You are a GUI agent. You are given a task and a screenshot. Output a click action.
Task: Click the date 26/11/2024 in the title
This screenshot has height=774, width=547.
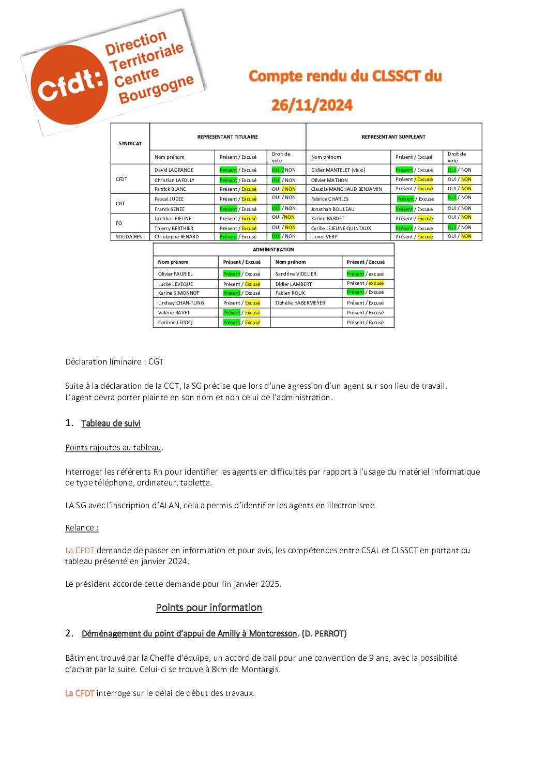pos(312,105)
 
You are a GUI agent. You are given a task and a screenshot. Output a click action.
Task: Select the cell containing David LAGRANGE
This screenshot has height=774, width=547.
pos(174,170)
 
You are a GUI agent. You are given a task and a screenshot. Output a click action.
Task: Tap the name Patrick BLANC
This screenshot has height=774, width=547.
pos(170,189)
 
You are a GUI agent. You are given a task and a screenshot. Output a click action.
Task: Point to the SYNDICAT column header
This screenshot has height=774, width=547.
pos(130,144)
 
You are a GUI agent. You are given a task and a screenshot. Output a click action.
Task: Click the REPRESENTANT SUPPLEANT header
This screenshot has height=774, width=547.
pos(393,137)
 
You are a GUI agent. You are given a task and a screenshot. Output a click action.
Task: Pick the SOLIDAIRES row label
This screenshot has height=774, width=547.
pos(129,237)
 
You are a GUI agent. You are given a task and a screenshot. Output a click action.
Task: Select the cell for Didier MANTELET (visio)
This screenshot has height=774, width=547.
pos(338,170)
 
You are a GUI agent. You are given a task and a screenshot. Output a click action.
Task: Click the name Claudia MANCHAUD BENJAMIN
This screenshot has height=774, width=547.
pos(346,189)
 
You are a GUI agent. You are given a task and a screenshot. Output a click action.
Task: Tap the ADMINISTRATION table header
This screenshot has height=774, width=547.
pos(273,250)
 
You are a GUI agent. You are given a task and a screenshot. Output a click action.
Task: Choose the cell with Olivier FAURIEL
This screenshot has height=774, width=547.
pos(175,274)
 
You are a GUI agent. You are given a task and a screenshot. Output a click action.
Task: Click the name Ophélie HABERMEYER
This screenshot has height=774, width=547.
pos(300,303)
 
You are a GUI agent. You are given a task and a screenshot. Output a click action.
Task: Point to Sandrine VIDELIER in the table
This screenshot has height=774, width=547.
pos(296,274)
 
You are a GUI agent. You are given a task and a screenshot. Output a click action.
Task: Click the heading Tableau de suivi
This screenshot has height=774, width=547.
pos(111,423)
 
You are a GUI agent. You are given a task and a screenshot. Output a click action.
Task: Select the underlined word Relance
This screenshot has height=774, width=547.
pos(80,528)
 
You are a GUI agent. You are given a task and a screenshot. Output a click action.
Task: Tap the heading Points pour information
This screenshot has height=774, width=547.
pos(209,608)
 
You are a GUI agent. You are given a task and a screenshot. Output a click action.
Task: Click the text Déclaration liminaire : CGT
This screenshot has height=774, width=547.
pos(114,362)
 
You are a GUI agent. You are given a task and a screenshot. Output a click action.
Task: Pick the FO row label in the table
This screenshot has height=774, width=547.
pos(119,223)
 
